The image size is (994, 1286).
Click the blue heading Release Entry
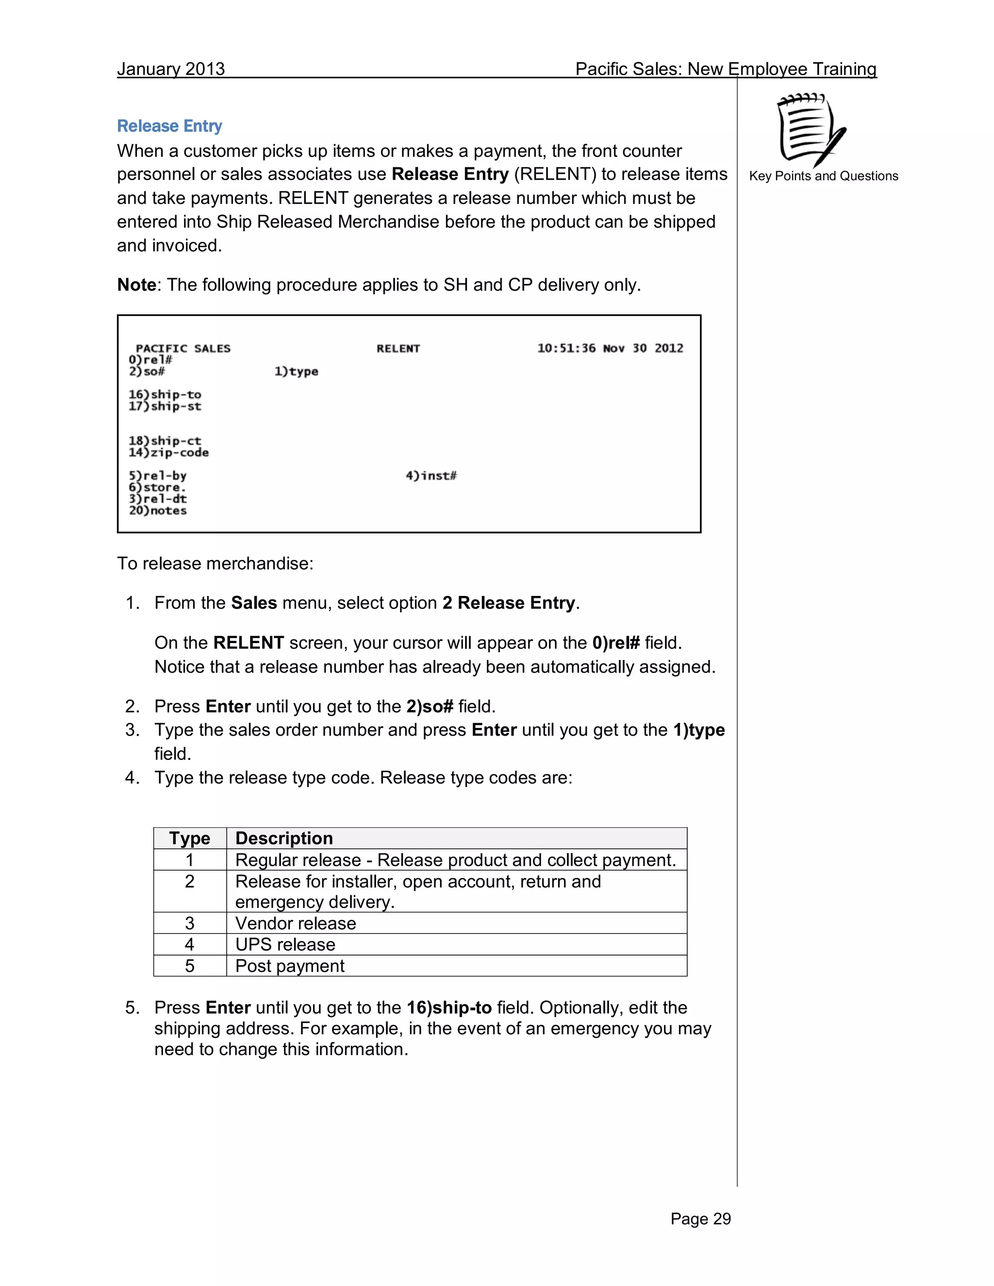[x=169, y=126]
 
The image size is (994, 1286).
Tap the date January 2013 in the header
[x=171, y=69]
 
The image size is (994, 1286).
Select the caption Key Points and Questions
[x=823, y=176]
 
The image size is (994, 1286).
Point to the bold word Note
[x=136, y=285]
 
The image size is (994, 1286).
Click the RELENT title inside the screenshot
[x=398, y=348]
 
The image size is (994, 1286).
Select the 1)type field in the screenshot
[x=296, y=372]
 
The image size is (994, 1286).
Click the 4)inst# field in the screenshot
[x=431, y=476]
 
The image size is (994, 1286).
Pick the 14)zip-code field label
[x=168, y=453]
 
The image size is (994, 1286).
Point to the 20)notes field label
[x=158, y=511]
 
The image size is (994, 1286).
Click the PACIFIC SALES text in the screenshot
[x=183, y=348]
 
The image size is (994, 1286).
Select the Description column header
[x=284, y=838]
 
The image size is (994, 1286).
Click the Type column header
[x=190, y=838]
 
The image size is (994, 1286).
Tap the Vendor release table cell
[x=296, y=923]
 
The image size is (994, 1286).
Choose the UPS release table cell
[x=285, y=944]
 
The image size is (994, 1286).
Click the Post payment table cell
[x=290, y=966]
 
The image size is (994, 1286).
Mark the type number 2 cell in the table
[x=190, y=881]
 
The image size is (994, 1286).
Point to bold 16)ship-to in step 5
[x=449, y=1007]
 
